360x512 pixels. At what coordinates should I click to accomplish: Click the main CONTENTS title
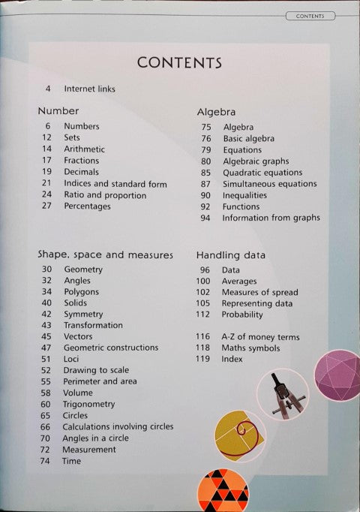pos(179,62)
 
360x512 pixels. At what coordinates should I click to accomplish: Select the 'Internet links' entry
pos(89,89)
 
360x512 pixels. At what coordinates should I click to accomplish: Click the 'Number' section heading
pos(58,111)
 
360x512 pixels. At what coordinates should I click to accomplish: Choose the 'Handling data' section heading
pos(230,254)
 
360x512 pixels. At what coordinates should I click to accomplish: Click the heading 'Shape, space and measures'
pos(105,254)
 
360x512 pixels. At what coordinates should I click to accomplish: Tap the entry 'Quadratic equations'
pos(262,173)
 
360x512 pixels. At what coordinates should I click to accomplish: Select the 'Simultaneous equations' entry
pos(268,184)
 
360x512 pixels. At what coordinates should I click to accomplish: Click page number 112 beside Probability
pos(204,315)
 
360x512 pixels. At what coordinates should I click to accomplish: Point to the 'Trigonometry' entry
pos(89,404)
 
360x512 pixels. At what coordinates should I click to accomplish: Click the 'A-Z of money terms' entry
pos(260,337)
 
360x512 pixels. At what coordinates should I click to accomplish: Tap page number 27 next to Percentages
pos(46,206)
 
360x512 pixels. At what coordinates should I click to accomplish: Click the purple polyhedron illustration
pos(337,376)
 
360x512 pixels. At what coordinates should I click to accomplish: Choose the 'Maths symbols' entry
pos(250,348)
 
